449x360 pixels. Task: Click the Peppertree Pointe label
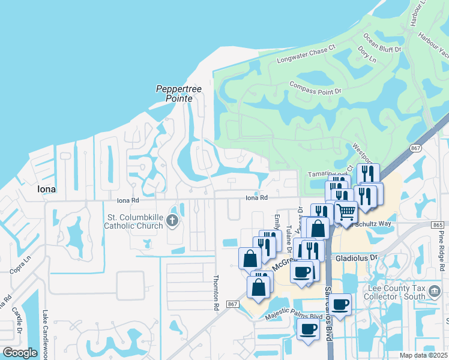click(x=178, y=93)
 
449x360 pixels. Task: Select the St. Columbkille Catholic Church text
click(x=134, y=221)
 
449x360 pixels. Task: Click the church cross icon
click(x=172, y=221)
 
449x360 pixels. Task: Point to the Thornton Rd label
click(x=216, y=292)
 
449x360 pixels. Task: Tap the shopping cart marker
click(x=345, y=211)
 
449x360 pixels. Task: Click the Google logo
click(x=20, y=352)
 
